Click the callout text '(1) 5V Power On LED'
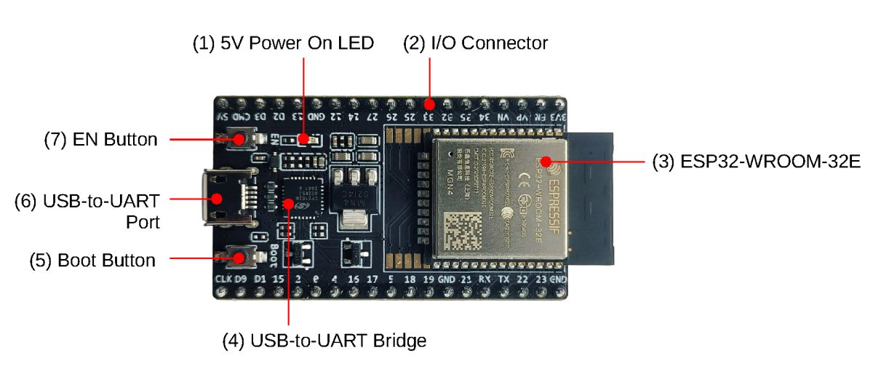pos(283,44)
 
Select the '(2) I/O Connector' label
pos(475,44)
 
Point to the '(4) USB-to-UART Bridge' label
pos(324,340)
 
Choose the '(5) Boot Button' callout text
pos(92,260)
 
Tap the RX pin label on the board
pos(484,279)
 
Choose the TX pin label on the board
pos(503,279)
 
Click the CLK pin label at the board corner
pos(223,279)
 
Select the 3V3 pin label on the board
pos(558,116)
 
